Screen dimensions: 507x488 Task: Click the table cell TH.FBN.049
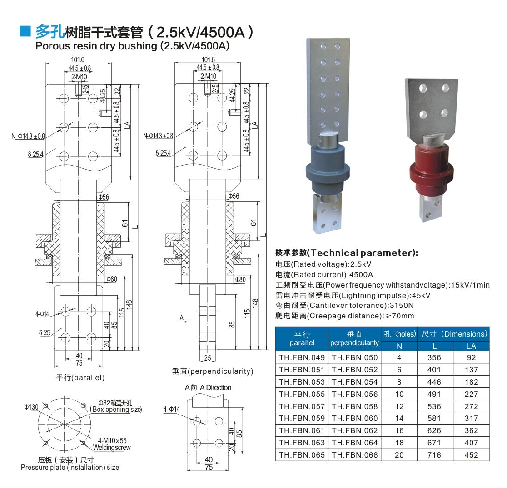(x=302, y=357)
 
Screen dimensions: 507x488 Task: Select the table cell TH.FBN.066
(x=355, y=455)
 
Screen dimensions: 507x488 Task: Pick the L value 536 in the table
(x=434, y=406)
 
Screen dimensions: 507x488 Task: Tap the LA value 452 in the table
(x=471, y=455)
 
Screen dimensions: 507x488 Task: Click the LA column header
(x=471, y=346)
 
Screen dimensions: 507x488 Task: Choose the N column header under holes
(x=399, y=346)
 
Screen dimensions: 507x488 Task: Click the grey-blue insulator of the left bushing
(x=328, y=170)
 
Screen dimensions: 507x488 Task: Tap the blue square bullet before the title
(x=25, y=31)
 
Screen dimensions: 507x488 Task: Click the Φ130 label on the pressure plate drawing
(x=31, y=407)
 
